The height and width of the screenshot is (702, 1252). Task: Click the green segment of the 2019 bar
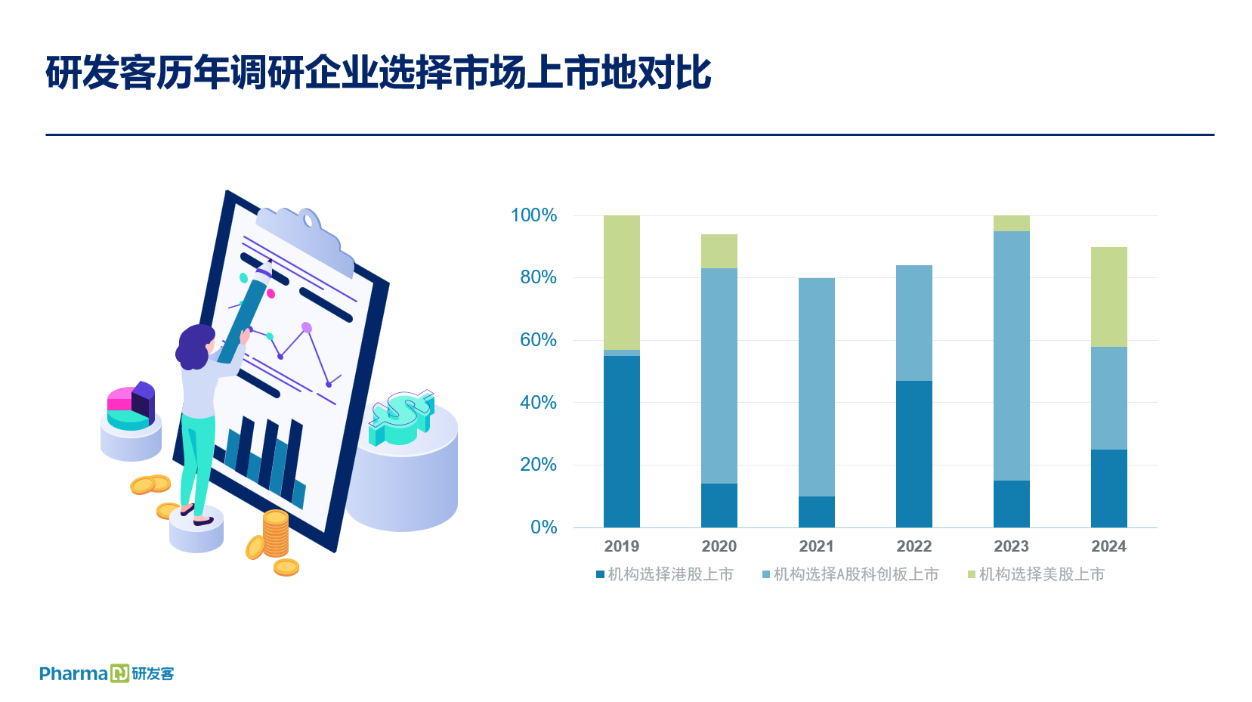622,283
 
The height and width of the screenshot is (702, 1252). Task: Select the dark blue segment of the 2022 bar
913,454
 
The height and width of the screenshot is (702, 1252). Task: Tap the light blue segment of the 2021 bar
817,387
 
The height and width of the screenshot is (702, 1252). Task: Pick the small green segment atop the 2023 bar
1011,223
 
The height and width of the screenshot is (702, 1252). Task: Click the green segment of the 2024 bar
1109,297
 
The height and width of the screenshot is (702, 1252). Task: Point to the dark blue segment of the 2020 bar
719,506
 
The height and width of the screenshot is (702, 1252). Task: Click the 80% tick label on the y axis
538,277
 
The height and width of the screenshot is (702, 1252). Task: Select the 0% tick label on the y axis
543,527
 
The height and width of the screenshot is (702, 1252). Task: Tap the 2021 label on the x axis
817,546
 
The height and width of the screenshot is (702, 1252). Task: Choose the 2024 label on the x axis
1109,546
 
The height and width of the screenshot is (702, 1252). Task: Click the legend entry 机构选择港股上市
665,574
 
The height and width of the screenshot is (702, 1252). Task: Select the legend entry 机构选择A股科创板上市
850,574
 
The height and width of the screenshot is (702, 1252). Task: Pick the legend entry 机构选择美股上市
1036,574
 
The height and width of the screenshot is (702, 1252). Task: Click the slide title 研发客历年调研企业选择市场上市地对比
378,73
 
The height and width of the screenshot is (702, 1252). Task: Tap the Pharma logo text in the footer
73,673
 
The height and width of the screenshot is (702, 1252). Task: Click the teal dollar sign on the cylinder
401,417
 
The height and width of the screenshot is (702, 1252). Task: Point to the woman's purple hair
194,347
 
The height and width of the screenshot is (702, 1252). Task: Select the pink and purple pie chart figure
131,406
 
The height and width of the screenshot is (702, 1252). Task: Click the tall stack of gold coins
276,533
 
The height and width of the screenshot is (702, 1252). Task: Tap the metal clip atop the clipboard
305,240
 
